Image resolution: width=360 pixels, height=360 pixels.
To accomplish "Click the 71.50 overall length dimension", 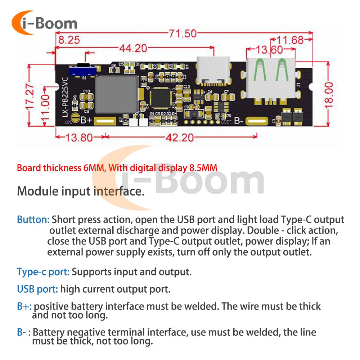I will coord(183,33).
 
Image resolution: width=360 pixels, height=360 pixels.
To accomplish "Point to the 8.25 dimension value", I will coord(69,40).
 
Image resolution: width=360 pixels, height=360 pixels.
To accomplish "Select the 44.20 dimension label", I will coord(133,48).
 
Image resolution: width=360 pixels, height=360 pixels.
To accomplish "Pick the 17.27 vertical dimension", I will coord(31,96).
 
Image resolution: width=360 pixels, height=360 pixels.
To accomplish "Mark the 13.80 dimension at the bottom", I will coord(79,138).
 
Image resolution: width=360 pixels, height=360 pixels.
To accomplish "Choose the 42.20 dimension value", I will coord(180,138).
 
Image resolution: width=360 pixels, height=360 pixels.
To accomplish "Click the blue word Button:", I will coord(33,220).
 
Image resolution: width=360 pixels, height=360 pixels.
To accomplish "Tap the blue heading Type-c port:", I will coord(43,272).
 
